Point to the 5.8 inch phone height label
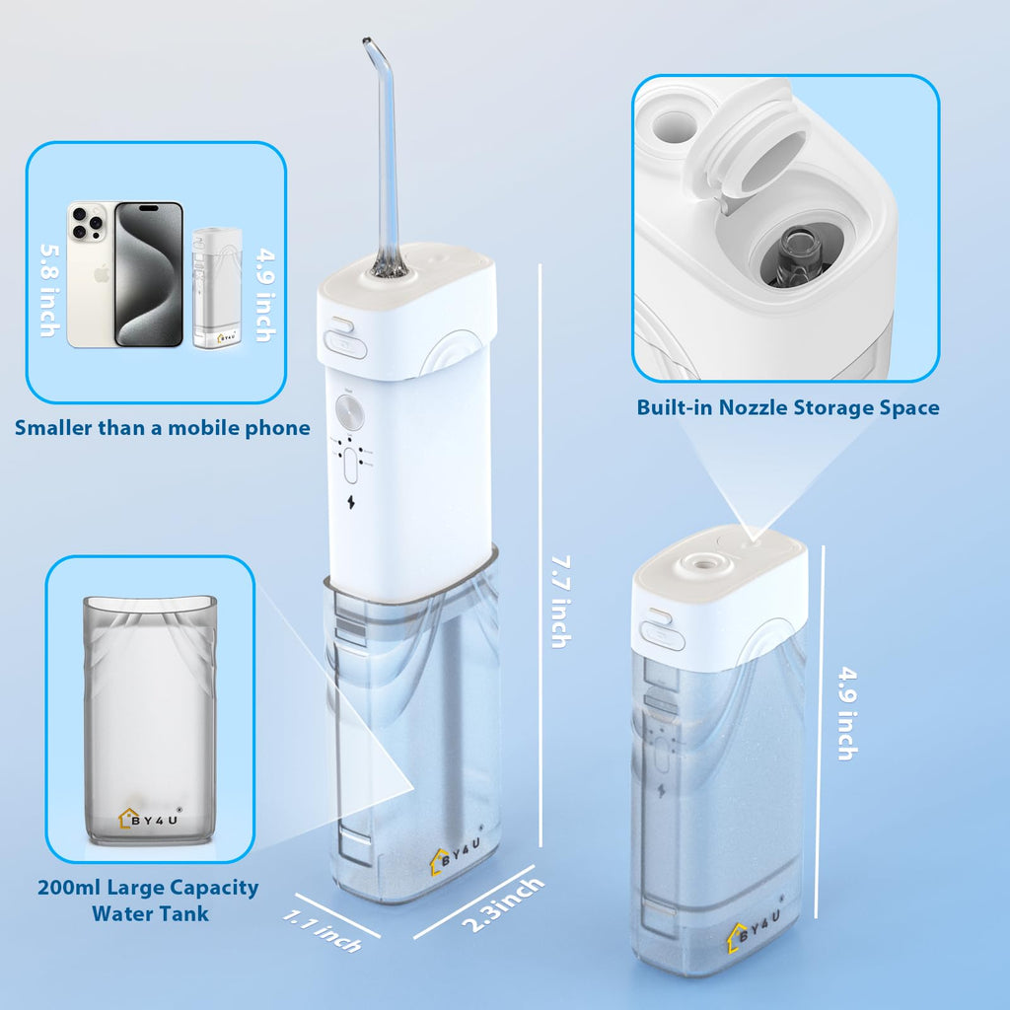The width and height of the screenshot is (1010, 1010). click(50, 290)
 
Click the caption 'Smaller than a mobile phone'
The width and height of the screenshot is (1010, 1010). click(163, 428)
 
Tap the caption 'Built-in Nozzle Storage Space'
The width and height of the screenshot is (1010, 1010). click(788, 407)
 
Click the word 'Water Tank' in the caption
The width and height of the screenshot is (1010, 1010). click(150, 913)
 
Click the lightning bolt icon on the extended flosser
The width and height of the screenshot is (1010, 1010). click(351, 501)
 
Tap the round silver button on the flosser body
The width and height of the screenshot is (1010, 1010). click(350, 413)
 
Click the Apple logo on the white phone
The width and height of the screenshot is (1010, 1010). click(102, 274)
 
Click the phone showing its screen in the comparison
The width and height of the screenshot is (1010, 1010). click(149, 274)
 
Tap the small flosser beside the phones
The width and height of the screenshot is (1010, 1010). click(217, 288)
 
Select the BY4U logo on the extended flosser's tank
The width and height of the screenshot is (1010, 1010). click(457, 851)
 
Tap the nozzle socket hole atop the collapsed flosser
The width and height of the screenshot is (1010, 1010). click(701, 561)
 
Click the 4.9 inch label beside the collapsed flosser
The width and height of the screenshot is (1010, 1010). click(848, 714)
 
